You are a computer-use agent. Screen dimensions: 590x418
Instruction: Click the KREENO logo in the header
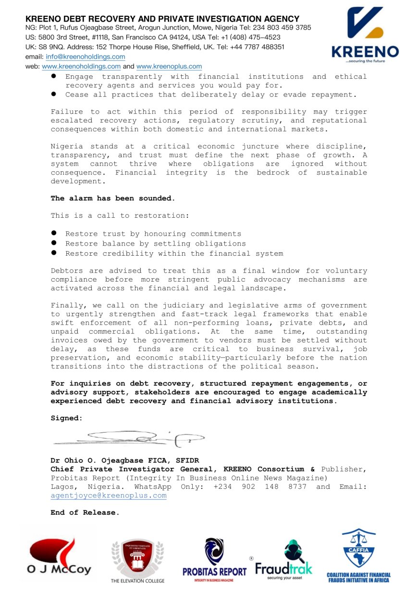365,35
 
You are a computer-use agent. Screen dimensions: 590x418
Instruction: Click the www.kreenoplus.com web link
169,66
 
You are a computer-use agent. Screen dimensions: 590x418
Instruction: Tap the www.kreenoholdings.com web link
81,66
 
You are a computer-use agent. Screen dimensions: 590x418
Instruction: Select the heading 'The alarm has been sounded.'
113,198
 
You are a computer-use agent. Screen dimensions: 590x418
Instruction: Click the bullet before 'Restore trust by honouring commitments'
54,234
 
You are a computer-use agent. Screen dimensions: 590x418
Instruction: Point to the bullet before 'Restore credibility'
54,253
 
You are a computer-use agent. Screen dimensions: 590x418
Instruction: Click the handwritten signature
130,437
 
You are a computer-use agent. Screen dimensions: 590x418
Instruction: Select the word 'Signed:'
67,418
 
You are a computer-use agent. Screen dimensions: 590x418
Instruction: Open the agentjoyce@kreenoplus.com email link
109,496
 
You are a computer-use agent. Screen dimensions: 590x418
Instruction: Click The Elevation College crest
137,556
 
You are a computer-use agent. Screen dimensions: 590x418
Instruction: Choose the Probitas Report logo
214,559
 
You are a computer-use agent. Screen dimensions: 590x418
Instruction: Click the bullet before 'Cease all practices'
54,94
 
